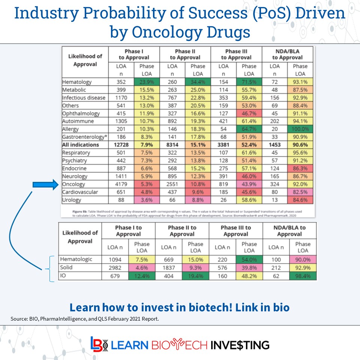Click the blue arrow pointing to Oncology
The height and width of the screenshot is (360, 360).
(44, 184)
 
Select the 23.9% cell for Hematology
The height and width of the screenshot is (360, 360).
(147, 82)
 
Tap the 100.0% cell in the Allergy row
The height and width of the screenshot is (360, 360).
(300, 129)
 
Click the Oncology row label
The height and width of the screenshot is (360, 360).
(74, 184)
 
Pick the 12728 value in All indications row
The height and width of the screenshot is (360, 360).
(121, 145)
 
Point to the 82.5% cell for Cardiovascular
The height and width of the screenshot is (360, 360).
(300, 192)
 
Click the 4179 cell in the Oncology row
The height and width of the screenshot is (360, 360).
(121, 184)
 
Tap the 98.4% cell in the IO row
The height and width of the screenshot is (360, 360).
(303, 276)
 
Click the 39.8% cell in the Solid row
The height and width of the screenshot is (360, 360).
(249, 268)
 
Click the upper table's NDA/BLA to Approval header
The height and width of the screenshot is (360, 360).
(287, 54)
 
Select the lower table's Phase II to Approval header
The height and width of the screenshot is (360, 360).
(182, 231)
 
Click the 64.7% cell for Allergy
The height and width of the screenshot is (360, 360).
(249, 129)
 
